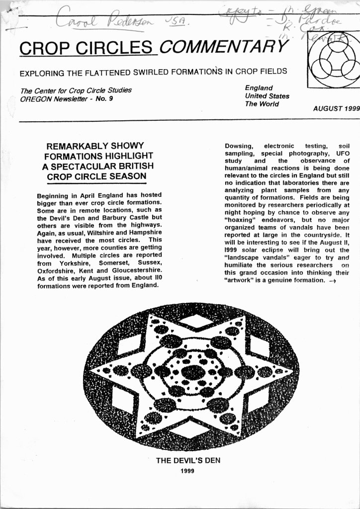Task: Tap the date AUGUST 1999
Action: pos(336,108)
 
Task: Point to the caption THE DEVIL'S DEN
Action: pos(188,460)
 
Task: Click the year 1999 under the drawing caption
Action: pos(188,470)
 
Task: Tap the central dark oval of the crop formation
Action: pos(193,372)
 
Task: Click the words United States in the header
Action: pos(267,96)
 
